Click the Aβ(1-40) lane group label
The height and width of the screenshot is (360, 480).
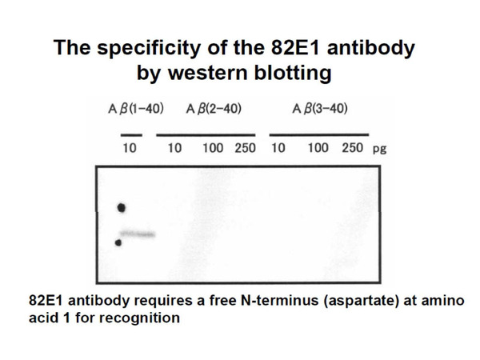[136, 109]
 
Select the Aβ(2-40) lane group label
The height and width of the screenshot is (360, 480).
[214, 109]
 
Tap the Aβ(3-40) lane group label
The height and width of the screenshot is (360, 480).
[320, 109]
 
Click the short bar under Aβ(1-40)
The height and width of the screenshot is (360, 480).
[131, 135]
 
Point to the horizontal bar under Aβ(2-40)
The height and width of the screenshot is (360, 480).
[206, 135]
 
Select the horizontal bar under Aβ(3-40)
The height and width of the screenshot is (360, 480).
[319, 134]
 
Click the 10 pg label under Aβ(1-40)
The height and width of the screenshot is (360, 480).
[129, 148]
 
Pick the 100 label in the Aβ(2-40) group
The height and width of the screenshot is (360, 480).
[213, 148]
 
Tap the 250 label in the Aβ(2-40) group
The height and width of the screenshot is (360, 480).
[246, 148]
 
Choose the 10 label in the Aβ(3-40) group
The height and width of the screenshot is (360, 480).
[278, 148]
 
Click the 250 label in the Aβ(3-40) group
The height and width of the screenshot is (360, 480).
[352, 148]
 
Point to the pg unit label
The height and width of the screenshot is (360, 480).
[379, 150]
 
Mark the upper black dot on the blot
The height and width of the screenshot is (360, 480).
[122, 208]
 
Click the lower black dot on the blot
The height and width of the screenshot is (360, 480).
[118, 243]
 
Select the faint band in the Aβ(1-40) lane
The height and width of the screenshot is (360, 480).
[138, 234]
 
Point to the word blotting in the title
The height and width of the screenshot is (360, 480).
[293, 74]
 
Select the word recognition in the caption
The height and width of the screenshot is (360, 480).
[139, 318]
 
